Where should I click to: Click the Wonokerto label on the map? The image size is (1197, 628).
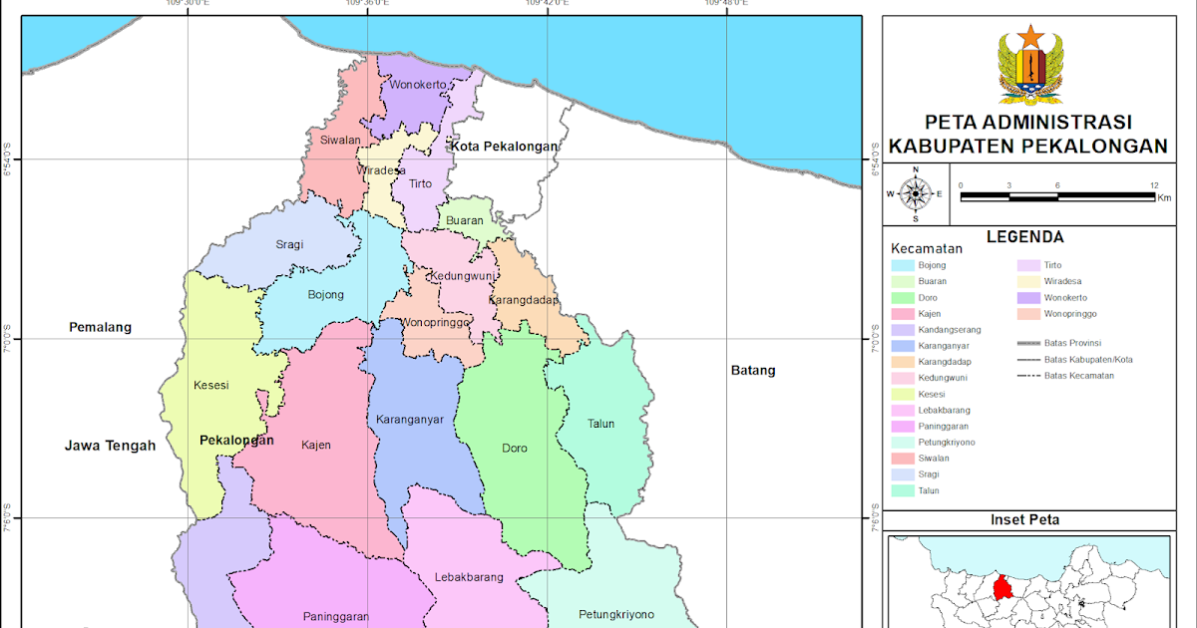(418, 85)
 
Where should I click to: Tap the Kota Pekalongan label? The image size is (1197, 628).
(504, 147)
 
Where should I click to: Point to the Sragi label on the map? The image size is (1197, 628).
(290, 244)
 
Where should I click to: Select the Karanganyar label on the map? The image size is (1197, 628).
(409, 420)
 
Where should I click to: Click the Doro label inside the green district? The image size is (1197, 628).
(515, 449)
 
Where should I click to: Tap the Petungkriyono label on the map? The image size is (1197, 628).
(615, 614)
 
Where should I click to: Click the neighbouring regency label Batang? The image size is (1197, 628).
(752, 371)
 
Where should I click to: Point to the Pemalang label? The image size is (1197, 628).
(100, 327)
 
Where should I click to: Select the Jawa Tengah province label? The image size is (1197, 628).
(110, 447)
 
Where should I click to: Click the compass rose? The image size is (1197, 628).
(916, 193)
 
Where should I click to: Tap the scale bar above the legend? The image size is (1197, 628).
(1057, 195)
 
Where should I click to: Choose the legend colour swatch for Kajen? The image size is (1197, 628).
(905, 314)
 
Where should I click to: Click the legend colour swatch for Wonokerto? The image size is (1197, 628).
(1028, 298)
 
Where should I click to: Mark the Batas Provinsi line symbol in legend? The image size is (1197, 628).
(1028, 343)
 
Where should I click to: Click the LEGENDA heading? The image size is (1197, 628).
(1024, 237)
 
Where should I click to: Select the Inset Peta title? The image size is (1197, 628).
(1024, 519)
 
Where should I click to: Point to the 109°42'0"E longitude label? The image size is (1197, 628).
(548, 5)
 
